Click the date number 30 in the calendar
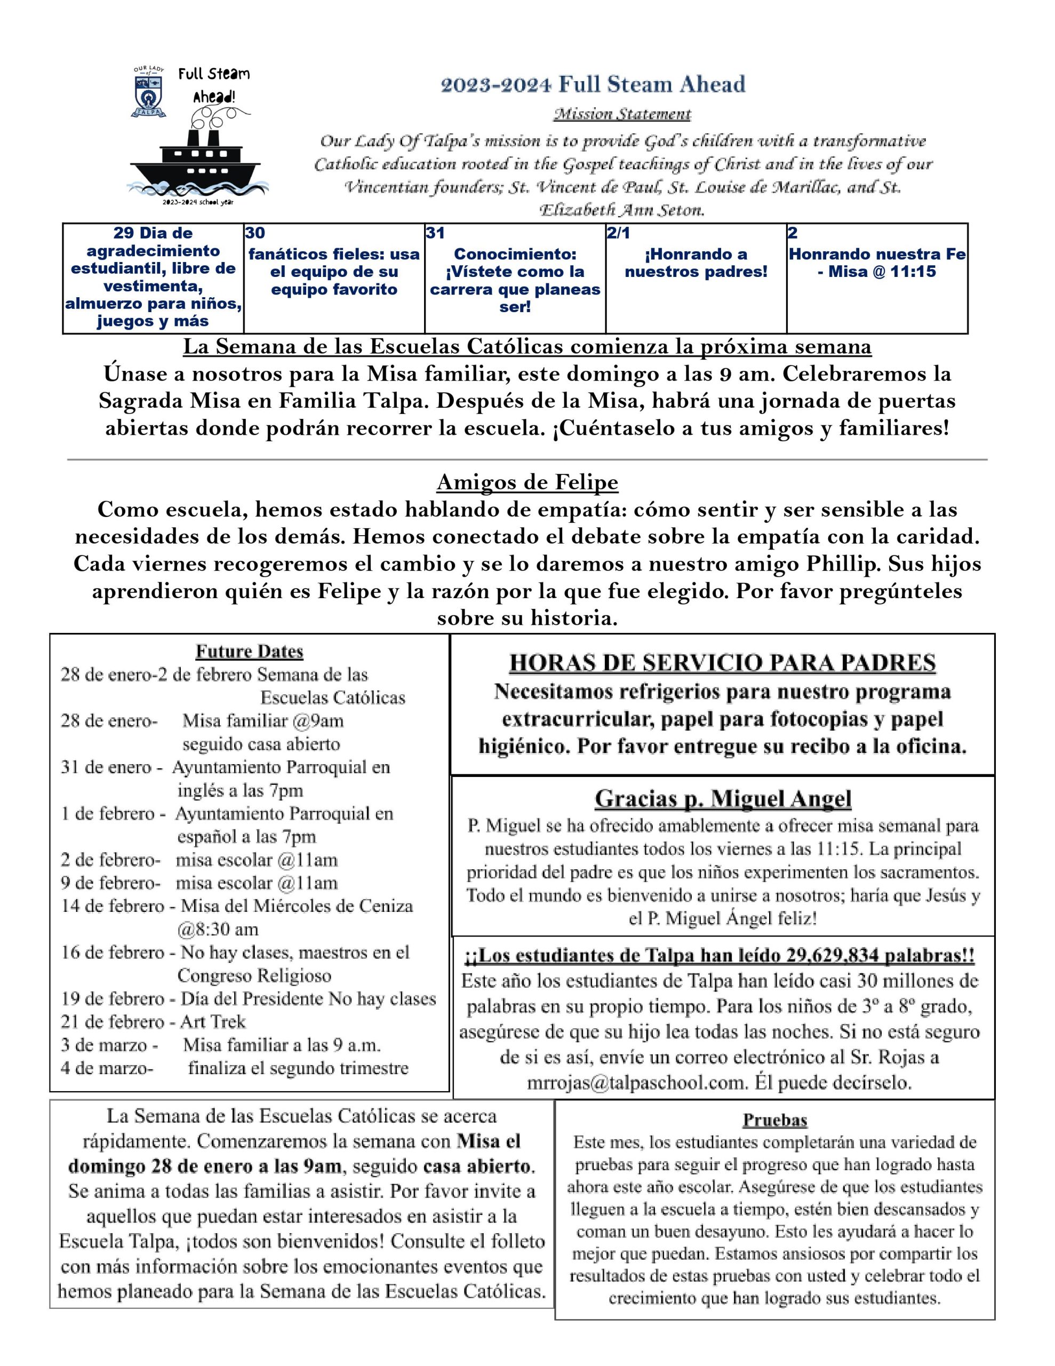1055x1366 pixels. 254,233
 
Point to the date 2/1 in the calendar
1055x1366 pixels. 618,233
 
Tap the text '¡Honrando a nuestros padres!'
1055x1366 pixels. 696,263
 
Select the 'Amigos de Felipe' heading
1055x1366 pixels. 527,482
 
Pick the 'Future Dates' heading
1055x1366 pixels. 250,651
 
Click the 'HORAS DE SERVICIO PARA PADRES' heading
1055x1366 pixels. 722,663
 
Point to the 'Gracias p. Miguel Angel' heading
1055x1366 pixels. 722,799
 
